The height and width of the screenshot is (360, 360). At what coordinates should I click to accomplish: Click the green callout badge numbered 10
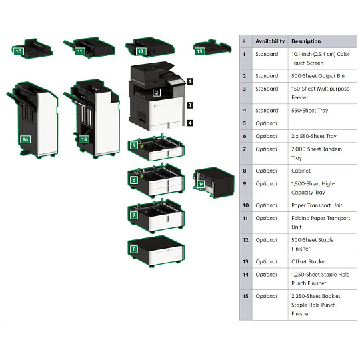[x=19, y=51]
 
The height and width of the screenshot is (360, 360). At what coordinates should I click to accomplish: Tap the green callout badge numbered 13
[x=200, y=51]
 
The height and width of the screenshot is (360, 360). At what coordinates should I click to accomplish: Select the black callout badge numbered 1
[x=189, y=81]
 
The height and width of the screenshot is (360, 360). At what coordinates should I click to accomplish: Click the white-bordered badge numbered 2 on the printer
[x=157, y=93]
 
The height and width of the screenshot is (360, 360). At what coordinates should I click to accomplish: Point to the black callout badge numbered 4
[x=189, y=123]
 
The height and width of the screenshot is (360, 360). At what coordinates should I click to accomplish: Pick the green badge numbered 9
[x=201, y=184]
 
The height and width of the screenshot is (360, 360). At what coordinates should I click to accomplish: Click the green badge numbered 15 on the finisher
[x=84, y=139]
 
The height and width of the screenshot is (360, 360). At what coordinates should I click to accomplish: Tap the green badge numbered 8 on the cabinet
[x=134, y=249]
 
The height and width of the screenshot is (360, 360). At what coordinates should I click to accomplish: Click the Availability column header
[x=270, y=41]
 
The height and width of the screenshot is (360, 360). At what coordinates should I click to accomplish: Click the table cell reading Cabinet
[x=301, y=171]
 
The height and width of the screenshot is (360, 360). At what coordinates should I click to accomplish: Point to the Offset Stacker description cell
[x=309, y=261]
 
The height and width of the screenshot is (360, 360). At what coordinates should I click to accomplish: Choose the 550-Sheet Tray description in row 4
[x=309, y=111]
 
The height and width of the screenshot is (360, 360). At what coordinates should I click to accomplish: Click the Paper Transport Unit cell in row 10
[x=317, y=205]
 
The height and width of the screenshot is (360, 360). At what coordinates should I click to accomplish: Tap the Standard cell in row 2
[x=267, y=76]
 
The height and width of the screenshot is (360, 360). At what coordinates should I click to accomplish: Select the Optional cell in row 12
[x=266, y=240]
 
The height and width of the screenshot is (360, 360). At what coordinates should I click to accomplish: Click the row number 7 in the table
[x=245, y=149]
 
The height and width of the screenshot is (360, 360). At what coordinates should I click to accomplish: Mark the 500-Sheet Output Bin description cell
[x=318, y=76]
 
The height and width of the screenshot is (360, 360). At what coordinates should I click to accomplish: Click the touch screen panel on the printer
[x=176, y=81]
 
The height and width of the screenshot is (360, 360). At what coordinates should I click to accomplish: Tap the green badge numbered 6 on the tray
[x=134, y=180]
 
